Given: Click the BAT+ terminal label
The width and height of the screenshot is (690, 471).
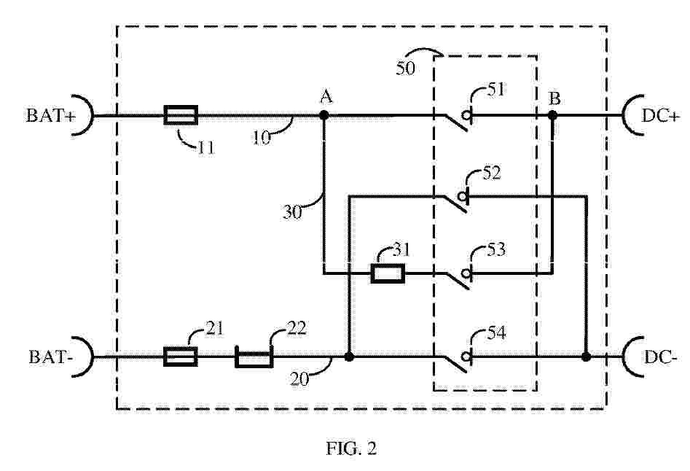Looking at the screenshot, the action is [x=50, y=116].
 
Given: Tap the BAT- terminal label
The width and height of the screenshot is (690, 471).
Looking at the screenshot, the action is [x=50, y=357].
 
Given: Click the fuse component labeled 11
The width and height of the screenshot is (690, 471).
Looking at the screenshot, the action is [x=181, y=115].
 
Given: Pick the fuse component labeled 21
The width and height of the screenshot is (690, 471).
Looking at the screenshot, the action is [x=181, y=357].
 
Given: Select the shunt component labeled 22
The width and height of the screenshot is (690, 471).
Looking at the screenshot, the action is [x=254, y=357].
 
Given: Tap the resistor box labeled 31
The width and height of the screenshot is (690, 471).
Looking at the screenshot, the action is [x=388, y=273].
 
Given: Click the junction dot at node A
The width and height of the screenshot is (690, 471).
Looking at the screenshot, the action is [x=324, y=115].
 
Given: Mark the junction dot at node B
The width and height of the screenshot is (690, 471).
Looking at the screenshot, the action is [x=553, y=115].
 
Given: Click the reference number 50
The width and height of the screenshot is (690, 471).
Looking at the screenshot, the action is [x=405, y=69].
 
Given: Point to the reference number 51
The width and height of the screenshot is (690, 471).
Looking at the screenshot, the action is [x=496, y=90].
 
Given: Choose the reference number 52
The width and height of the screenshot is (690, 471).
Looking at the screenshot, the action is [x=492, y=173].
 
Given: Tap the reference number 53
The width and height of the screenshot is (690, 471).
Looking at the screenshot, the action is [x=496, y=250].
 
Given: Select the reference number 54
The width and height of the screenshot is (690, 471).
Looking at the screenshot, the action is [x=496, y=332].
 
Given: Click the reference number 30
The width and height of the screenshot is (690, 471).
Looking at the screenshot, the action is [x=292, y=212].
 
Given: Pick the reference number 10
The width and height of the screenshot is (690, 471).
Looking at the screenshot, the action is [x=262, y=138].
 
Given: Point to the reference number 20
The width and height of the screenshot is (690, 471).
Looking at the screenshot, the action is [x=299, y=379].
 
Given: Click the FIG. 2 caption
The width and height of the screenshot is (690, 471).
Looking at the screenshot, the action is [x=351, y=448].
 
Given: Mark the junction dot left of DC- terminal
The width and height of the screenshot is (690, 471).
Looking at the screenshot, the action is [x=586, y=357].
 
